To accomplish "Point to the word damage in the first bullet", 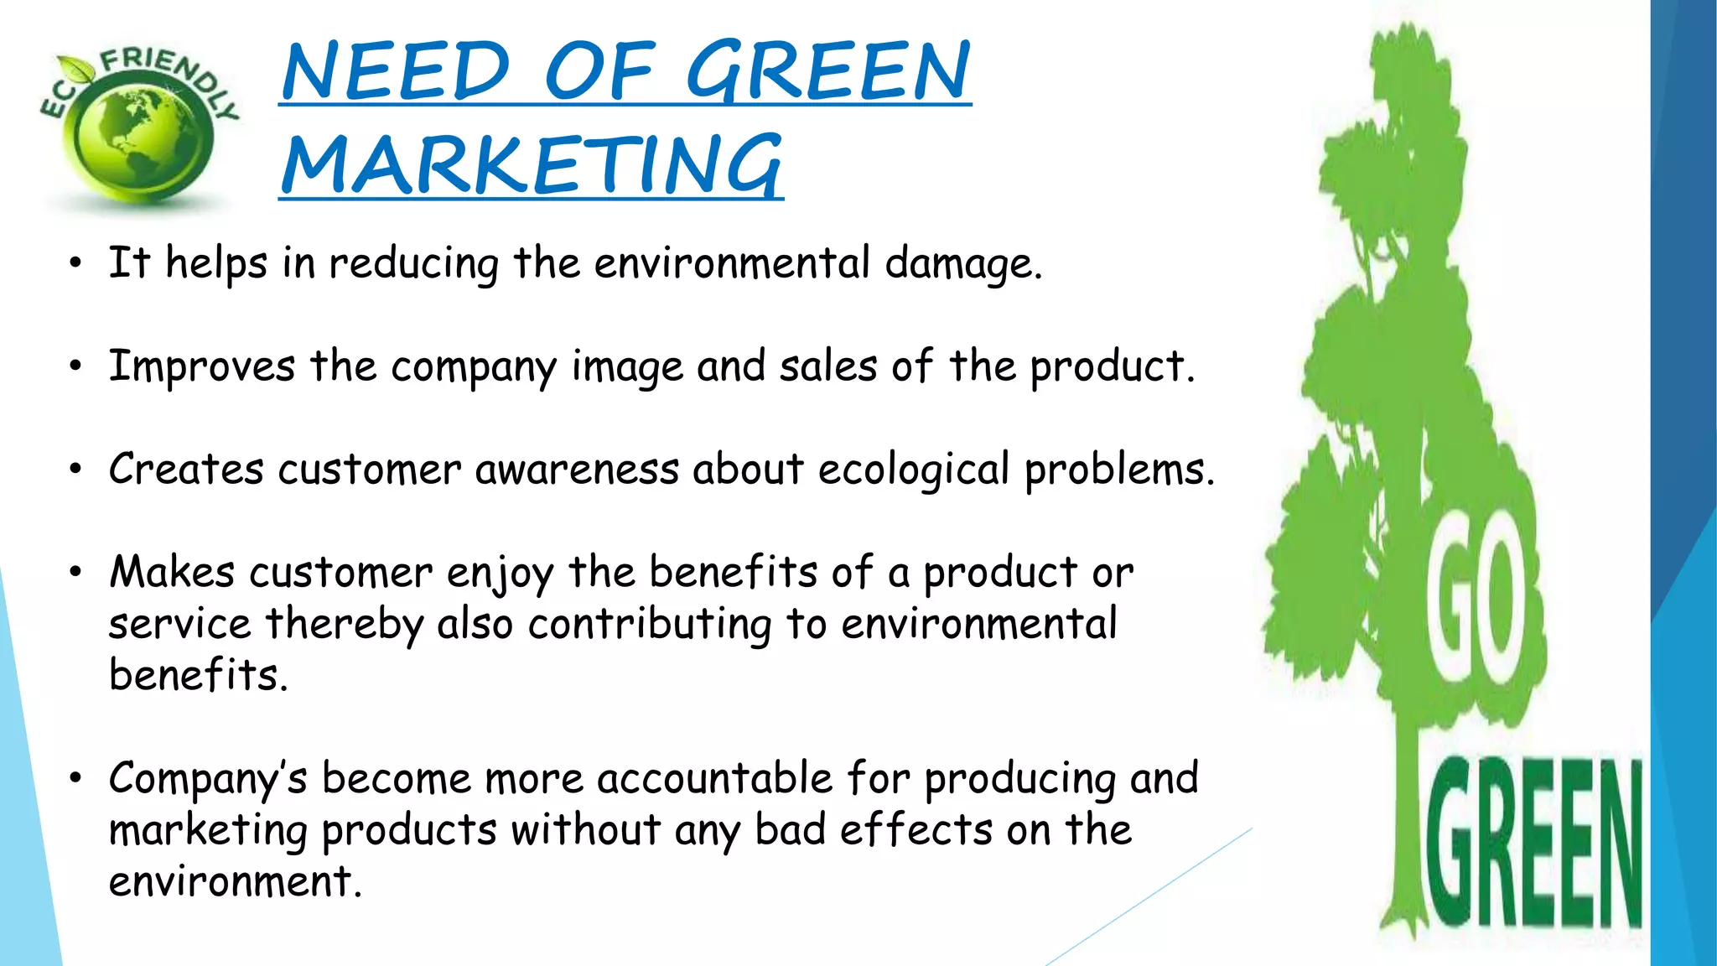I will click(963, 264).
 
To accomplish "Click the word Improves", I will click(202, 367).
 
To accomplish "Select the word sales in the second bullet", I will click(828, 366).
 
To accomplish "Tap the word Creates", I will click(186, 469).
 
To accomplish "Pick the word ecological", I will click(913, 470).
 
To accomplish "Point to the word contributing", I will click(650, 625).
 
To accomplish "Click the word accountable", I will click(715, 778).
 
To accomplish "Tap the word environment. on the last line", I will click(236, 882).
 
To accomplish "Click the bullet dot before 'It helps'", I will click(76, 264).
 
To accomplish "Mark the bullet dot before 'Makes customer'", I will click(76, 573).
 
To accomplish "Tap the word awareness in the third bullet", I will click(577, 469).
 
